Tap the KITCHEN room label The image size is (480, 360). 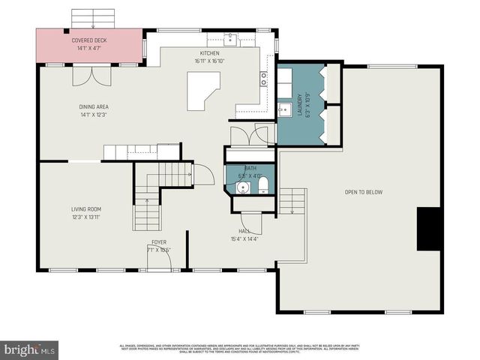208,53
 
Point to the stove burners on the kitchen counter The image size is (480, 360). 264,76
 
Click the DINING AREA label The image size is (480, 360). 94,106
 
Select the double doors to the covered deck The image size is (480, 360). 85,76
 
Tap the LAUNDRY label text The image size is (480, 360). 299,100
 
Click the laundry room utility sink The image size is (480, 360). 285,110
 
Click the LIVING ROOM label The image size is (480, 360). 86,209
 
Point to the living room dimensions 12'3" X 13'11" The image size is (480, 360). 86,217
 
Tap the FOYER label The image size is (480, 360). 159,242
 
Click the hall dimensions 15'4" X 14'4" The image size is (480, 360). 244,239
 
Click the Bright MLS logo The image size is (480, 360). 30,349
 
